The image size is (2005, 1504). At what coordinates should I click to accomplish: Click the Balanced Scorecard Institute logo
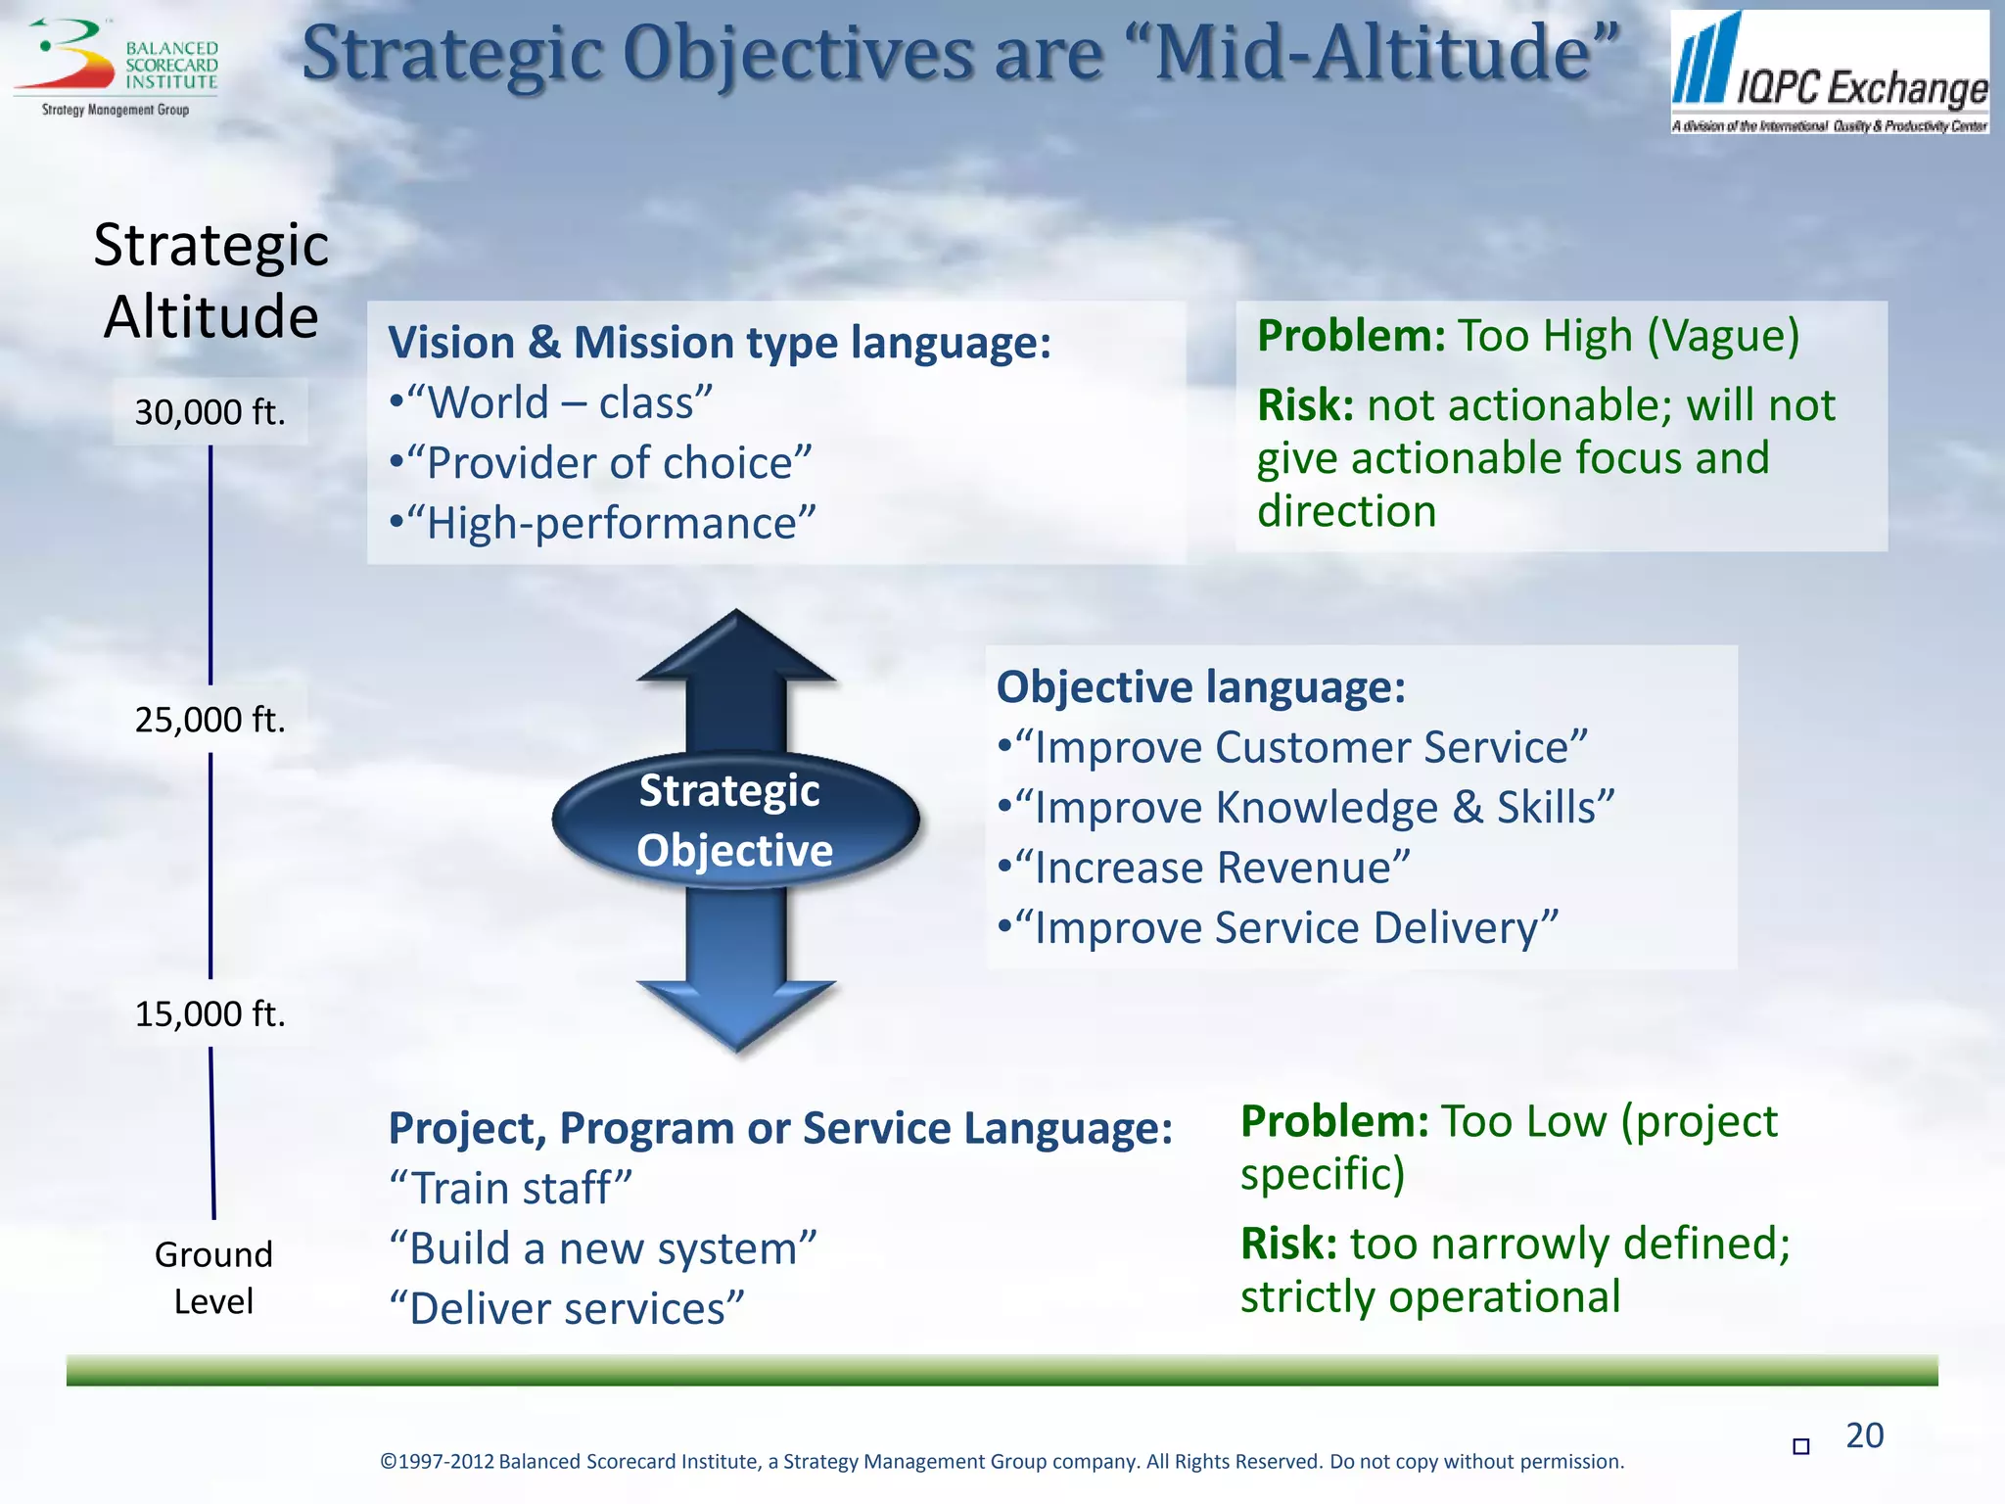tap(116, 67)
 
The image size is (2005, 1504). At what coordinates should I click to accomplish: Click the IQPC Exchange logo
tap(1829, 72)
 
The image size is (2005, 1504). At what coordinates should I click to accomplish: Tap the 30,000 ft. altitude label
tap(210, 412)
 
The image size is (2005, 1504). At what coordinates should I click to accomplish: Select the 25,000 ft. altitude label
tap(210, 720)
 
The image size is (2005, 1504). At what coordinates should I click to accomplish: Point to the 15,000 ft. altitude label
tap(210, 1013)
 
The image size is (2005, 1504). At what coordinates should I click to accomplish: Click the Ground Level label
tap(213, 1278)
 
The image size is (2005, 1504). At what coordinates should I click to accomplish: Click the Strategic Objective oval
tap(734, 821)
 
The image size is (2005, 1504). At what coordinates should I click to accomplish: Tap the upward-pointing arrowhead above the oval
tap(736, 646)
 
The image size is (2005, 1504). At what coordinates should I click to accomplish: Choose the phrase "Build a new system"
tap(602, 1248)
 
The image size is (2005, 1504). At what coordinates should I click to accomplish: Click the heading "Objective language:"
tap(1200, 686)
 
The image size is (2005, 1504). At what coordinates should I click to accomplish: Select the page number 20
tap(1864, 1435)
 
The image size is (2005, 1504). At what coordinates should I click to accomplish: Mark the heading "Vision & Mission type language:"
tap(719, 343)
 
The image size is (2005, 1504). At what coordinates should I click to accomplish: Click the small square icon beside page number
tap(1800, 1446)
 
